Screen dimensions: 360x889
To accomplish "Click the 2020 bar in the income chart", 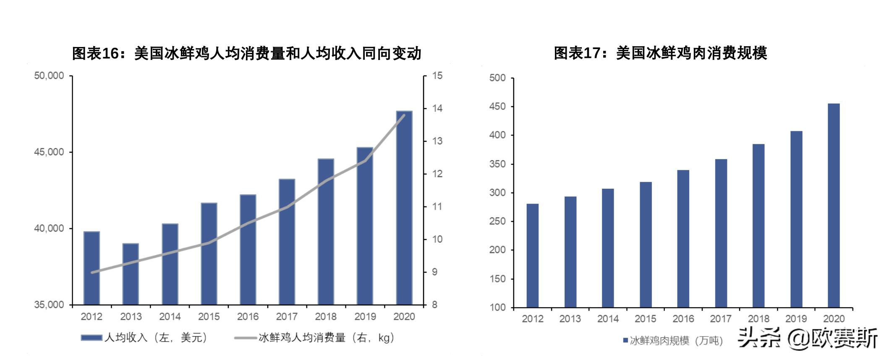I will pos(404,208).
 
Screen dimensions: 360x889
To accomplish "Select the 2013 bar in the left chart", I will pos(131,274).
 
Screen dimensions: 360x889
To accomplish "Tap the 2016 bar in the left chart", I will pos(248,250).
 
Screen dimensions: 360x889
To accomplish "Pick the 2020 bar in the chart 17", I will pos(834,205).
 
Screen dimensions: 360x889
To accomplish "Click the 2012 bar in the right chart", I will pos(532,256).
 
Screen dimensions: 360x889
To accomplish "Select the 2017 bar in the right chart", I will pos(721,233).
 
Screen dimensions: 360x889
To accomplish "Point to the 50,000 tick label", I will pos(49,76).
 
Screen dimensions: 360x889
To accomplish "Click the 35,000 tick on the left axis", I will pos(49,305).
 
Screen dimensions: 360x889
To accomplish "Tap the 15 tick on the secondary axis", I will pos(437,76).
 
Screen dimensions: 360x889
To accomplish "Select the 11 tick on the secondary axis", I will pos(437,206).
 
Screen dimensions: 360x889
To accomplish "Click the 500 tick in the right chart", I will pos(497,78).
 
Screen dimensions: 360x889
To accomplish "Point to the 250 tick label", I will pos(497,221).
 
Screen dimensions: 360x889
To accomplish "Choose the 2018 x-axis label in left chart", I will pos(326,317).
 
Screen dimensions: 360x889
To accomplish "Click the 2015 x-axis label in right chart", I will pos(645,319).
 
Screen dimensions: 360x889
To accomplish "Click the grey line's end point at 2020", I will pos(404,115).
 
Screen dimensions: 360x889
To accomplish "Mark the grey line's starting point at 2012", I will pos(92,272).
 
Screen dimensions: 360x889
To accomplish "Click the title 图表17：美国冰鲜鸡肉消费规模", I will pos(660,53).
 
